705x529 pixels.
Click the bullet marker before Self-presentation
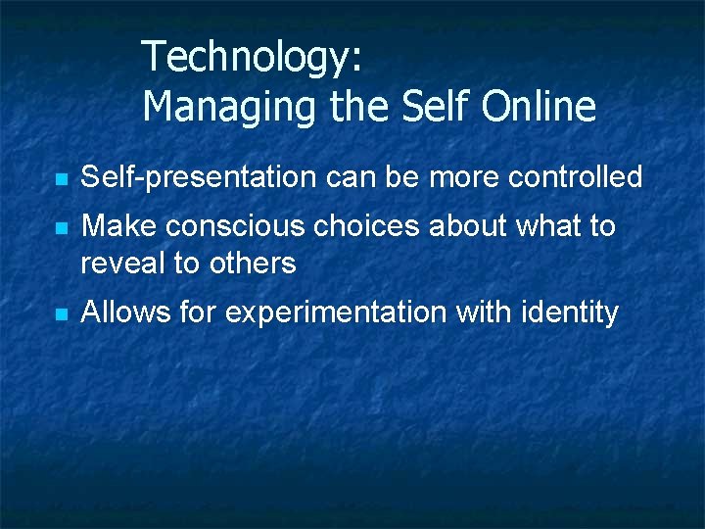pos(61,180)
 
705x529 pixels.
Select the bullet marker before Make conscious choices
pos(61,228)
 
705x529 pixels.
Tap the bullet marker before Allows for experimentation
pos(61,315)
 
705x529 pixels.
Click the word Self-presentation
pos(199,177)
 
